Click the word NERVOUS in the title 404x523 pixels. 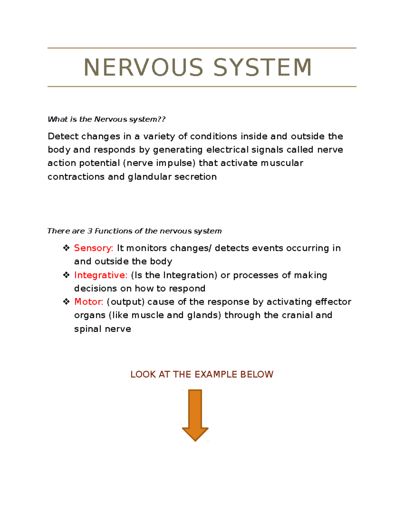coord(143,67)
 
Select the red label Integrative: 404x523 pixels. coord(101,275)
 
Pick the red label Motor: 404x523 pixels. coord(89,302)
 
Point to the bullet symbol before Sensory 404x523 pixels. coord(66,248)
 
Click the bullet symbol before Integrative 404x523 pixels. coord(66,275)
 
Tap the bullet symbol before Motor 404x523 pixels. coord(66,302)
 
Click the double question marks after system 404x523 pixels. coord(162,119)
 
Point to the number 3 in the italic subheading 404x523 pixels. coord(90,231)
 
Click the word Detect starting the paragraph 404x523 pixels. coord(63,136)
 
